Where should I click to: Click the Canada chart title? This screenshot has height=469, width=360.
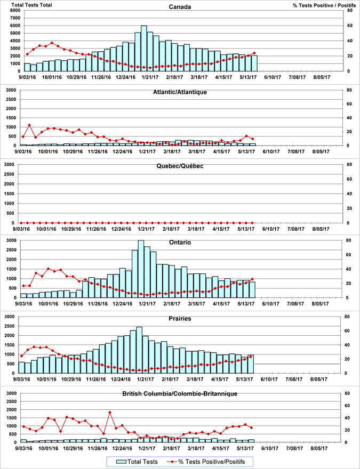coord(180,7)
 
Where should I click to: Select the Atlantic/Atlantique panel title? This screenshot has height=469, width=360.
coord(180,92)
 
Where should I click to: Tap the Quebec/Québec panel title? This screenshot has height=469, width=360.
coord(180,166)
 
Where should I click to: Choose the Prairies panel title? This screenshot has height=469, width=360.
coord(180,318)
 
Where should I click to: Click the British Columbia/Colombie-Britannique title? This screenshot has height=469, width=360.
coord(180,394)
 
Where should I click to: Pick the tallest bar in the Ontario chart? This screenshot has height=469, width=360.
coord(141,269)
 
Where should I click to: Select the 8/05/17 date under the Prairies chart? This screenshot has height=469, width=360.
coord(322,379)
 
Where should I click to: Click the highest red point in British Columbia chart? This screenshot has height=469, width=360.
coord(110,412)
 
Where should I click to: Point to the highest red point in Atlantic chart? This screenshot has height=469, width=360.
coord(29,125)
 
